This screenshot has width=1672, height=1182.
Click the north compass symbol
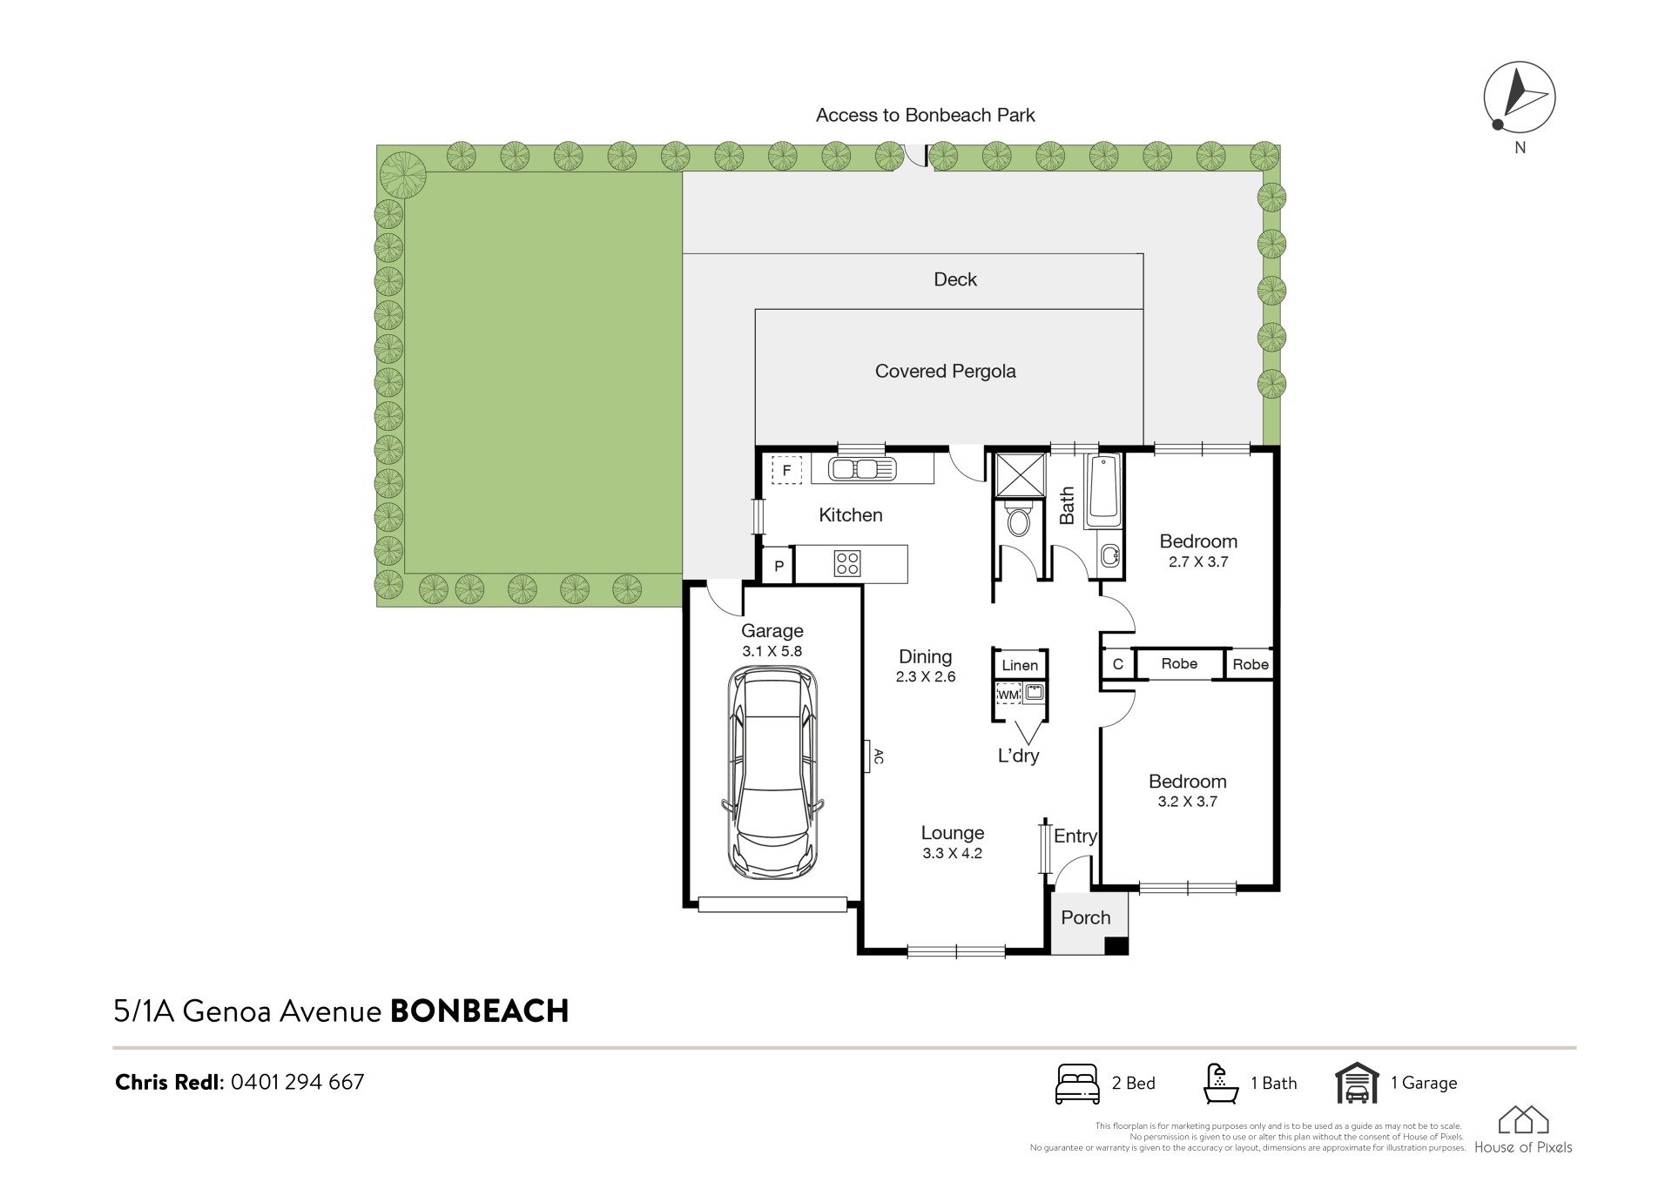pyautogui.click(x=1519, y=97)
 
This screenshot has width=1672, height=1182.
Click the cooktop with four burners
pyautogui.click(x=847, y=564)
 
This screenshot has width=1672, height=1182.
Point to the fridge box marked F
pyautogui.click(x=786, y=471)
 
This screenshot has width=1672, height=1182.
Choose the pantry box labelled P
pyautogui.click(x=779, y=566)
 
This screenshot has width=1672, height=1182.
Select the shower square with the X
pyautogui.click(x=1020, y=474)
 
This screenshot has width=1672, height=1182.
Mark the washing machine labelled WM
pyautogui.click(x=1008, y=695)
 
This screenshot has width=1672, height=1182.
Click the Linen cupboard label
pyautogui.click(x=1020, y=666)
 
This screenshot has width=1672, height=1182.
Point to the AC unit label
pyautogui.click(x=879, y=756)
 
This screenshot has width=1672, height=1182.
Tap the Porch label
pyautogui.click(x=1086, y=917)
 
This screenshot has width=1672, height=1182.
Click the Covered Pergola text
pyautogui.click(x=945, y=372)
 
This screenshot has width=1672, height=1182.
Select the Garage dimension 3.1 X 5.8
pyautogui.click(x=772, y=651)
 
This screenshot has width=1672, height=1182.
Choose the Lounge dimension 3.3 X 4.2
pyautogui.click(x=953, y=854)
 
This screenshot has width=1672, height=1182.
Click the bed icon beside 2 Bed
pyautogui.click(x=1077, y=1084)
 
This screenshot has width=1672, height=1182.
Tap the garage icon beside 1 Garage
pyautogui.click(x=1357, y=1083)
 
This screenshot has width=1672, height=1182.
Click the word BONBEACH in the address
pyautogui.click(x=479, y=1011)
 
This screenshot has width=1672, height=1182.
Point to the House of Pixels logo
pyautogui.click(x=1523, y=1130)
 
